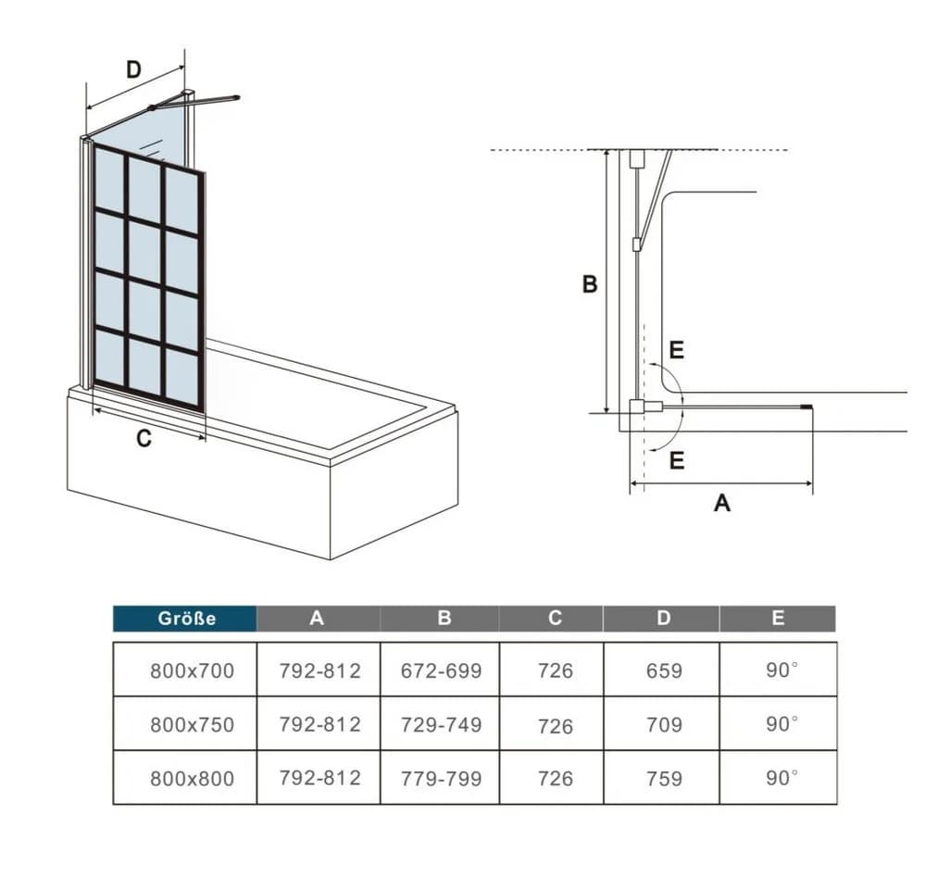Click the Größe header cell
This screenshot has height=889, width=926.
coord(185,619)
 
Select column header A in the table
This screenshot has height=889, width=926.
coord(317,618)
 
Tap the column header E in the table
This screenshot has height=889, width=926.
coord(778,618)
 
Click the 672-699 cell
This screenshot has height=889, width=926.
coord(441,670)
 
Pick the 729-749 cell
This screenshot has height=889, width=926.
coord(441,724)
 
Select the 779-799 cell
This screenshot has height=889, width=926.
coord(441,778)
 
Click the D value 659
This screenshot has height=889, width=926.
coord(664,670)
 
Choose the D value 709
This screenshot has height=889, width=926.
coord(664,724)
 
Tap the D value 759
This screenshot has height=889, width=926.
coord(664,778)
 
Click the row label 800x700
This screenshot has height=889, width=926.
coord(192,670)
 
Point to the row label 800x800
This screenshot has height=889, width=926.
coord(192,778)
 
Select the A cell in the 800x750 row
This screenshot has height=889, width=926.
coord(319,724)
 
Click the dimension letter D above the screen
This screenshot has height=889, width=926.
coord(134,69)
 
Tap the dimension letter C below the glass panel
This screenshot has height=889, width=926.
coord(144,438)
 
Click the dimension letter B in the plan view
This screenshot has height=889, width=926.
coord(589,284)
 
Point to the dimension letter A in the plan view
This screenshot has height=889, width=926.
coord(722,503)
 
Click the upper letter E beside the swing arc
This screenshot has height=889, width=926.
coord(677,350)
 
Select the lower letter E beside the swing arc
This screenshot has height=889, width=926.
coord(677,459)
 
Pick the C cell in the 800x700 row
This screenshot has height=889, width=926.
coord(555,670)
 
